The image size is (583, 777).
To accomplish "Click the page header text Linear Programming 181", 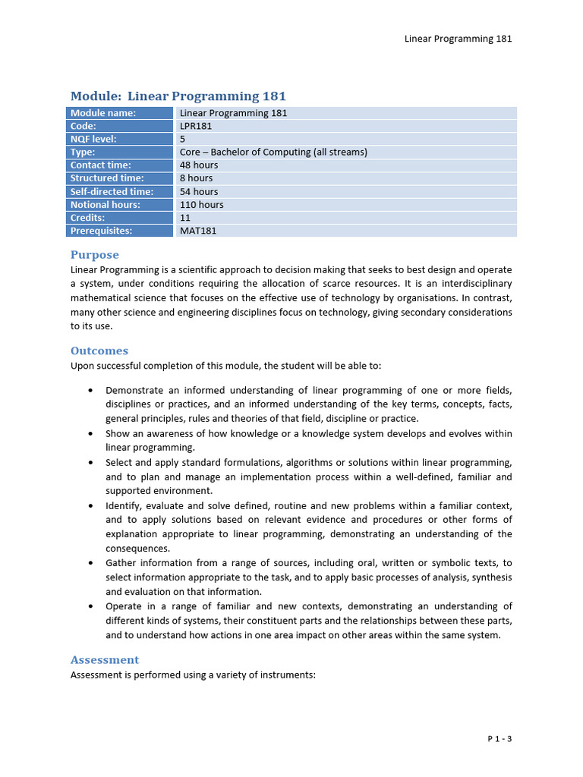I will [458, 39].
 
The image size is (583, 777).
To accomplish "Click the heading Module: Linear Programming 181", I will [178, 96].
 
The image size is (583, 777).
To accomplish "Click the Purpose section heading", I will [95, 255].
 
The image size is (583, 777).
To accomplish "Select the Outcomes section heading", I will [99, 351].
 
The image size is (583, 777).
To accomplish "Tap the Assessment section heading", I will [105, 659].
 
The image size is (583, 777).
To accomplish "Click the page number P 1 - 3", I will [499, 738].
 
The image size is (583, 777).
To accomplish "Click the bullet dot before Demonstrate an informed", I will [90, 390].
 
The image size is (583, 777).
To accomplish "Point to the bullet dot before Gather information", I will [90, 563].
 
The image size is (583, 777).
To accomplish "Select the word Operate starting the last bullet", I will [124, 606].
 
